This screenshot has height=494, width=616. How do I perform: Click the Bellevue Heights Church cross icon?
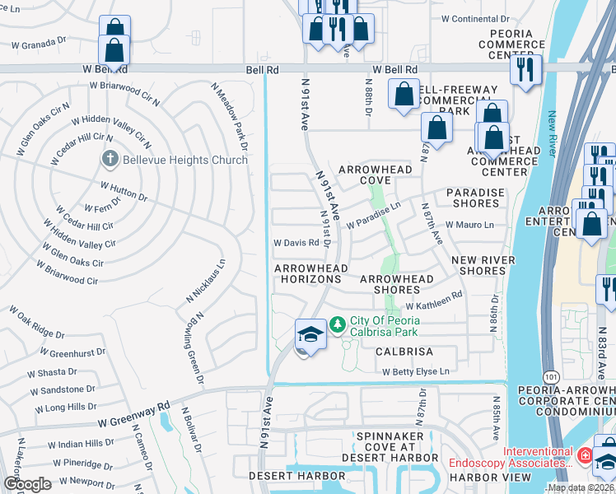click(108, 159)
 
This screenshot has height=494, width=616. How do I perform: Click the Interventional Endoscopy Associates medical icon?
click(584, 454)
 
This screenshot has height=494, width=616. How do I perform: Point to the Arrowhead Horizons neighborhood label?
click(311, 274)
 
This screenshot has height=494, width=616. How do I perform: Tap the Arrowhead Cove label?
click(374, 174)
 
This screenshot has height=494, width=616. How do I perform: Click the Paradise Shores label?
click(475, 198)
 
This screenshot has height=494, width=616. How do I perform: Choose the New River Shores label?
click(483, 265)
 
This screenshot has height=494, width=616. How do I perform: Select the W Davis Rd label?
click(296, 243)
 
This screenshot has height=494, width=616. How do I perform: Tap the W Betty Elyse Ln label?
click(416, 371)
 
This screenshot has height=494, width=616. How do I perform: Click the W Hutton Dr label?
click(124, 192)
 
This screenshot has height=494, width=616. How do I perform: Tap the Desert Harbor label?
click(309, 476)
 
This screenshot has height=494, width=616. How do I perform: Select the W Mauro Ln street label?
click(469, 225)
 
